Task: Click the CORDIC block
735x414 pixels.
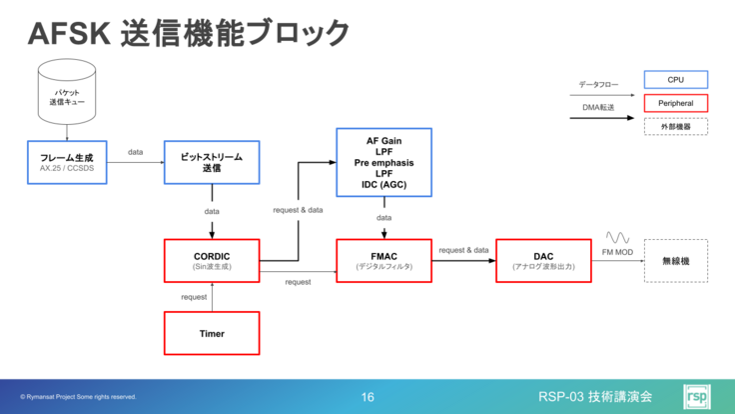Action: pos(211,261)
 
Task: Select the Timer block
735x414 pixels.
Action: pos(211,333)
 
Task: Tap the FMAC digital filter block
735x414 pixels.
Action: pos(384,261)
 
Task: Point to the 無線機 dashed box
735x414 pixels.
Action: pos(675,261)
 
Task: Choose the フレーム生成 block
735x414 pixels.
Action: pos(67,162)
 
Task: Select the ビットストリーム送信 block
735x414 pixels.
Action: pos(211,162)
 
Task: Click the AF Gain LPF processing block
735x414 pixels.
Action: pos(384,162)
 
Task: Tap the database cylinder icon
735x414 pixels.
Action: pos(67,90)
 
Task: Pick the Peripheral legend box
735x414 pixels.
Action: pos(675,103)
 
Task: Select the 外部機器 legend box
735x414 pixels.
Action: pos(675,127)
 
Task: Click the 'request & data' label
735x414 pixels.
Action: pos(298,211)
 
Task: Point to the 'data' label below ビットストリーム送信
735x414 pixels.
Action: pos(211,212)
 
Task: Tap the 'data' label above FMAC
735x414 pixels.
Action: pos(384,217)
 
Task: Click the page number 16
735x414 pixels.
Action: pos(367,397)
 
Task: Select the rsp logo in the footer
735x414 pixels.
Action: pos(698,396)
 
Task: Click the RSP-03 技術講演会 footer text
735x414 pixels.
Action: pos(595,396)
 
